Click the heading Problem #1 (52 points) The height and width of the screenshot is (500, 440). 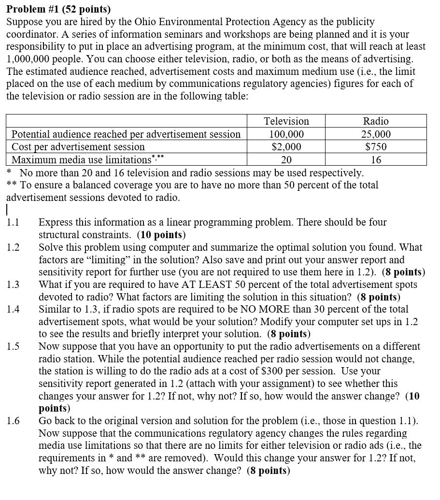tap(58, 9)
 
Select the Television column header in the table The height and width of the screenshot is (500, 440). tap(286, 121)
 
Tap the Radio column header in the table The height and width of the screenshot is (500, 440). tap(376, 121)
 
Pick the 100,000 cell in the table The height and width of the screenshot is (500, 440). tap(286, 134)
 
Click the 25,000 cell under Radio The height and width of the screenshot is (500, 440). tap(376, 134)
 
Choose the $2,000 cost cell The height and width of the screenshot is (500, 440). tap(286, 147)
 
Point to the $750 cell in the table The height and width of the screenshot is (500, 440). tap(376, 147)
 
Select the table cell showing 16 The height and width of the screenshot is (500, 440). tap(376, 159)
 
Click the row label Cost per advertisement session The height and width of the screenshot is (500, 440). tap(78, 147)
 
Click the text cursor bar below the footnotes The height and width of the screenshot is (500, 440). tap(7, 210)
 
